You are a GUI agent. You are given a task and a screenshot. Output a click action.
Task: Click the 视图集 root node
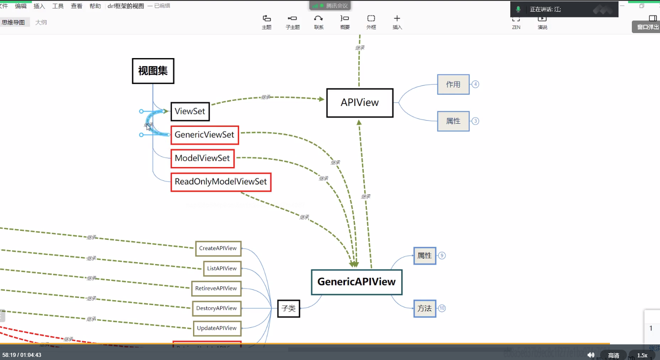(153, 71)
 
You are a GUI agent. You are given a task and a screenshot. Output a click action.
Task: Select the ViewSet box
(190, 111)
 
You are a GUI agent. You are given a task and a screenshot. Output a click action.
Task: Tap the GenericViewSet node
(205, 135)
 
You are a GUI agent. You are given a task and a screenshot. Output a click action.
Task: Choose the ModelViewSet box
(202, 158)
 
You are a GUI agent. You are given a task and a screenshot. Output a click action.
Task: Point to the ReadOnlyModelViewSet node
(221, 182)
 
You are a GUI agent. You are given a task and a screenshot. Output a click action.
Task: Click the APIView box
(360, 103)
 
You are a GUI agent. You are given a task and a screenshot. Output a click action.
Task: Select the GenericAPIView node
(357, 282)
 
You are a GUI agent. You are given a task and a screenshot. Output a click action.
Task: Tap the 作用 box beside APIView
(453, 84)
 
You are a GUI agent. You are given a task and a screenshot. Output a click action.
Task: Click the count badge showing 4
(475, 84)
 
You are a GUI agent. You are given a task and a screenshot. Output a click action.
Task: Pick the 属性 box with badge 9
(425, 255)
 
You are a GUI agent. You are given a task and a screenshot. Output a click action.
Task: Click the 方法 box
(425, 308)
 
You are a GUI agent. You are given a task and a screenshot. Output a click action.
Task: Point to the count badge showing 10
(442, 308)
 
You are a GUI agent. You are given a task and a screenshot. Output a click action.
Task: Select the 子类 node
(289, 309)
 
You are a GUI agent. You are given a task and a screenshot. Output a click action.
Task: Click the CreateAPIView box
(218, 248)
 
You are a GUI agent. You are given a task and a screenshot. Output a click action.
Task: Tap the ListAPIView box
(222, 268)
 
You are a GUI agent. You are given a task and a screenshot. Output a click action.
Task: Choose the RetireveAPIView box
(216, 289)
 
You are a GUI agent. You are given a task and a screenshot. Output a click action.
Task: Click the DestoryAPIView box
(217, 308)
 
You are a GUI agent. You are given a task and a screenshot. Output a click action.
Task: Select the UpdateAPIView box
(217, 328)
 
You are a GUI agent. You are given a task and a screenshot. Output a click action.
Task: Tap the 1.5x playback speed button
(642, 355)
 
